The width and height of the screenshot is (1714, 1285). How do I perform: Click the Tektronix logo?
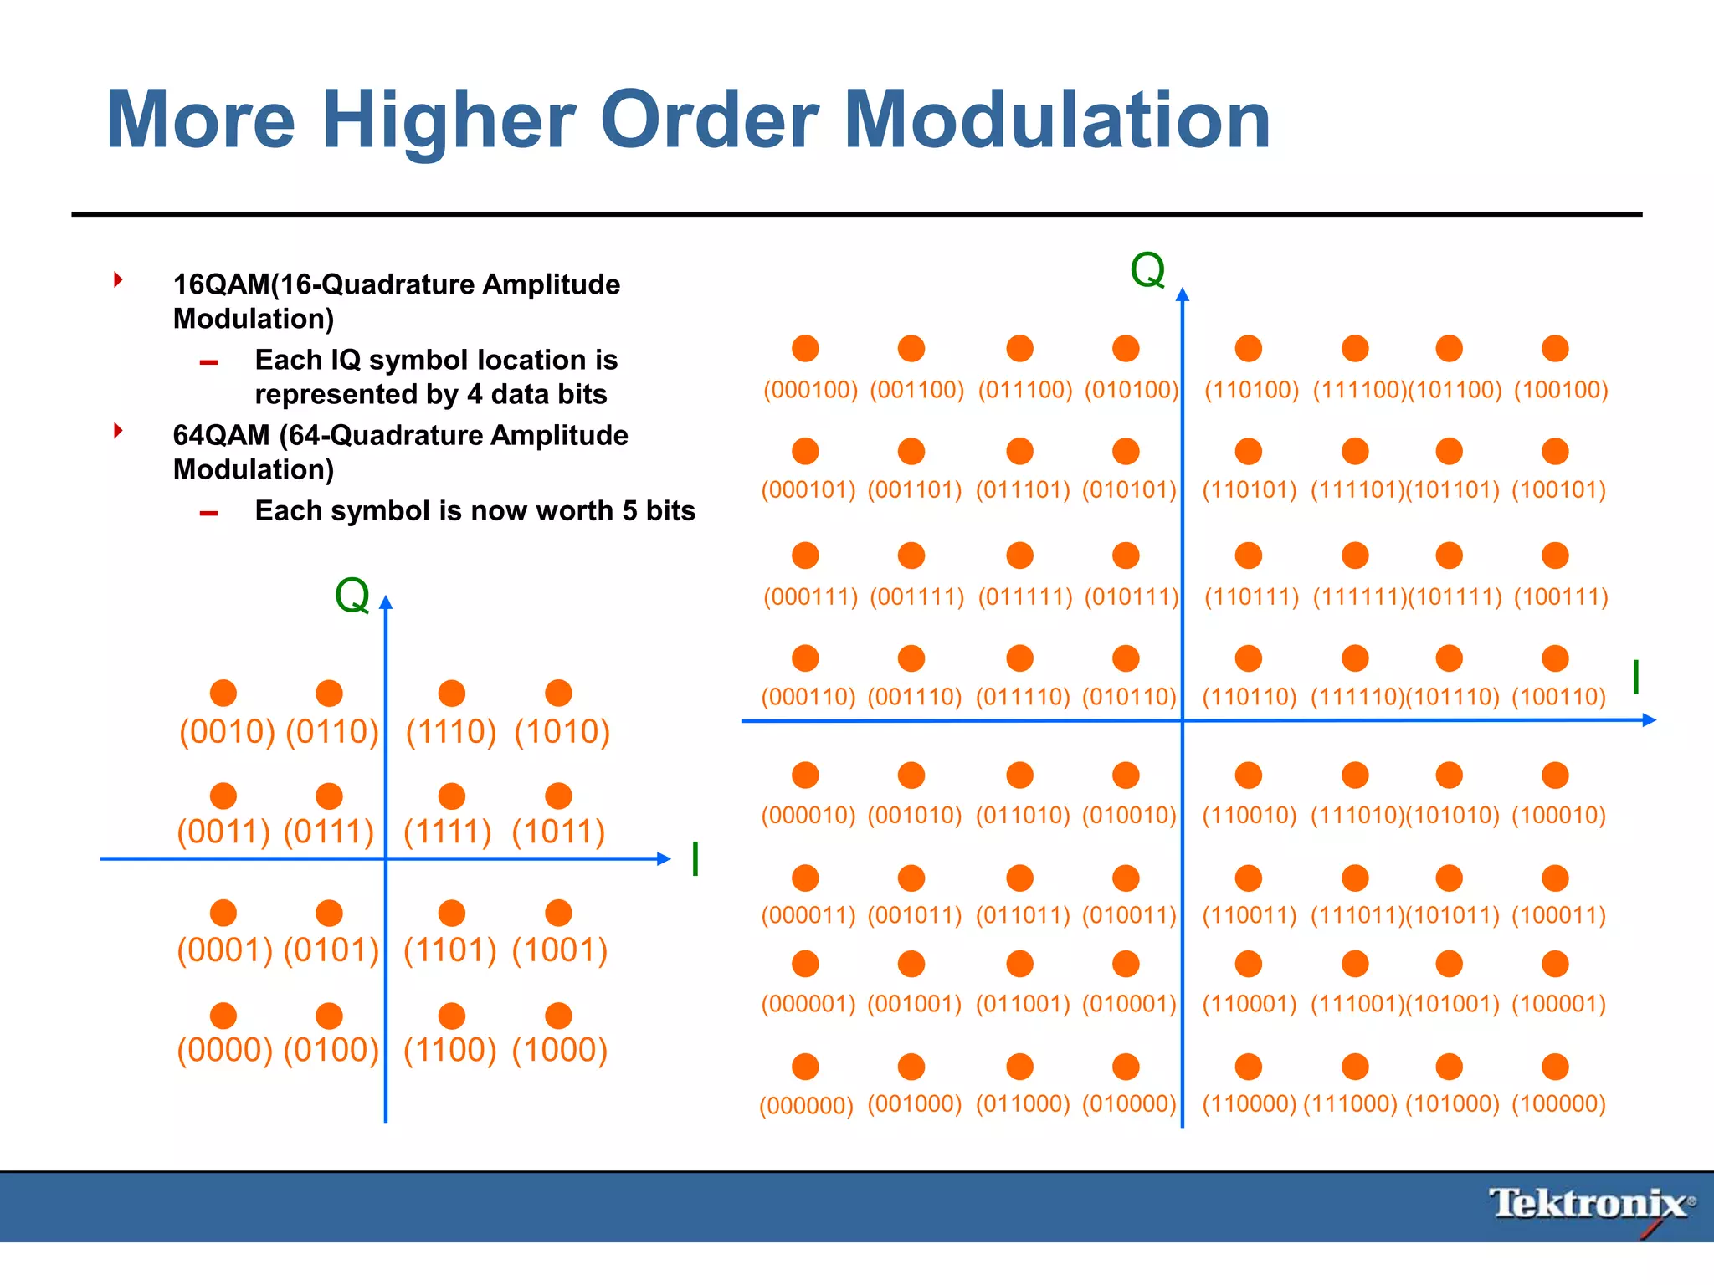tap(1590, 1205)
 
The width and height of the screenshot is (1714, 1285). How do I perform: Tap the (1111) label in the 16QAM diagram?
tap(448, 832)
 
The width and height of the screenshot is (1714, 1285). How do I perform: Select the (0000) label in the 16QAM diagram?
tap(225, 1050)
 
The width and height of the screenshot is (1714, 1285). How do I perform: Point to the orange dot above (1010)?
tap(558, 693)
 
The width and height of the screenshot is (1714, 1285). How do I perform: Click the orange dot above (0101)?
tap(330, 913)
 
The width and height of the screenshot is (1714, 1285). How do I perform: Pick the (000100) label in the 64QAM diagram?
tap(810, 390)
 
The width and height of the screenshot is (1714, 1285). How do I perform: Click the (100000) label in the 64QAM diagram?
tap(1558, 1103)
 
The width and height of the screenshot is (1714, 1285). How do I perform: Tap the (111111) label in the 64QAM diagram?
tap(1358, 597)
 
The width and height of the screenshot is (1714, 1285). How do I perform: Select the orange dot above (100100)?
tap(1555, 348)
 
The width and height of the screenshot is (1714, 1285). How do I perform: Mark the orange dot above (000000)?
tap(805, 1067)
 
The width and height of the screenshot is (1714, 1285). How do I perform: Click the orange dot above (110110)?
tap(1248, 658)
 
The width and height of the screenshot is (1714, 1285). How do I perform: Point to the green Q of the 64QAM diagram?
tap(1147, 270)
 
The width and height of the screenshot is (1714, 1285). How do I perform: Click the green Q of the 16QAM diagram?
tap(352, 596)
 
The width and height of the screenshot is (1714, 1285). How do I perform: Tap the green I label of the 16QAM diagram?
tap(695, 859)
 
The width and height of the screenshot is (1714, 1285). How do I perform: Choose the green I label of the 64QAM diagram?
tap(1635, 677)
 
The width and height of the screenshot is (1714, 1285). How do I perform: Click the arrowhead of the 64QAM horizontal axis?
tap(1650, 719)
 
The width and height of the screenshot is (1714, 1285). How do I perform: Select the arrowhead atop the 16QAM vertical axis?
tap(386, 602)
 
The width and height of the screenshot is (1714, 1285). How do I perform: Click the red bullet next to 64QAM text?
tap(119, 431)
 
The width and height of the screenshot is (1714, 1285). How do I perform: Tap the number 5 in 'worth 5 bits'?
tap(629, 510)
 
